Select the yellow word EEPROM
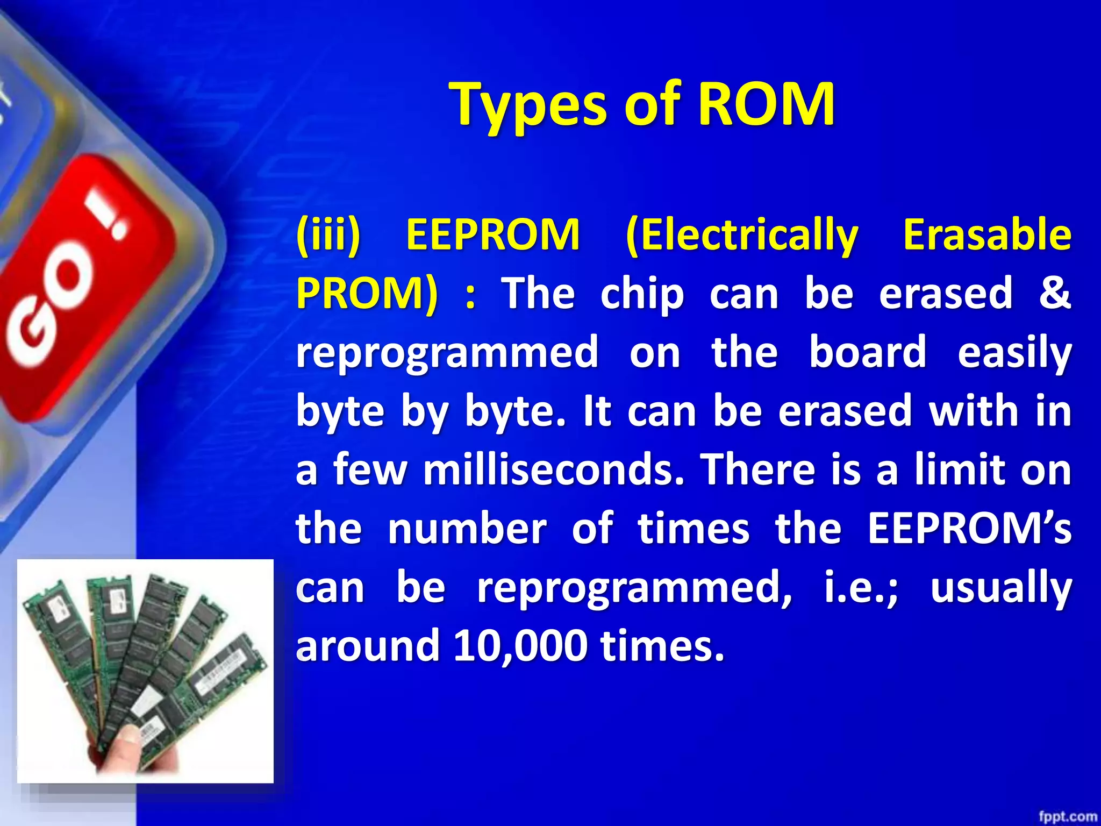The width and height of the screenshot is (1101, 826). pyautogui.click(x=492, y=235)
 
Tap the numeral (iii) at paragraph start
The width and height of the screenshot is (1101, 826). pyautogui.click(x=328, y=235)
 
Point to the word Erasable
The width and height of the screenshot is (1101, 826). pyautogui.click(x=987, y=235)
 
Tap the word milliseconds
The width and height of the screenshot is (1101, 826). pyautogui.click(x=554, y=469)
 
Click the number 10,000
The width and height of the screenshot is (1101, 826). pyautogui.click(x=520, y=646)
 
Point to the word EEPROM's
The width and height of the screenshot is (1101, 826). pyautogui.click(x=969, y=528)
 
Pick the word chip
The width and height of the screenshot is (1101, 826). pyautogui.click(x=642, y=295)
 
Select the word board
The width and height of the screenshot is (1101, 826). pyautogui.click(x=868, y=352)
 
